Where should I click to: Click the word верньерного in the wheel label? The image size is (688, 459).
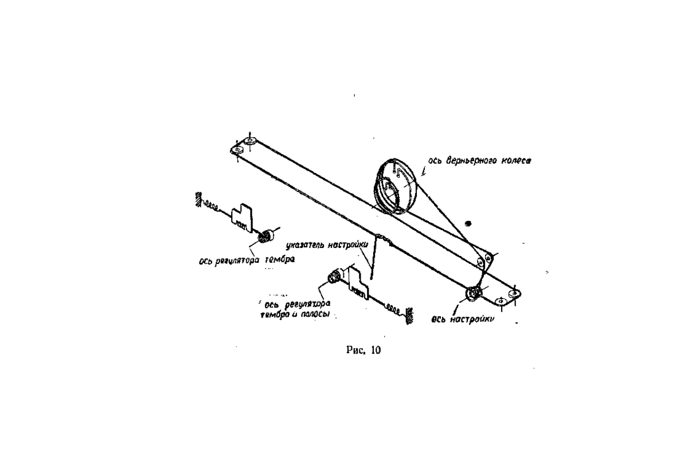471,161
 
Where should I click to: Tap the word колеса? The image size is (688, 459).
516,161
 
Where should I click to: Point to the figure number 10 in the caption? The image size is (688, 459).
376,350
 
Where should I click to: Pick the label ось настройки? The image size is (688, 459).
463,320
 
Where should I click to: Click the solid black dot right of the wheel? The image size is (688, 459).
468,224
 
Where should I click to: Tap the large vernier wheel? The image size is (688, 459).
395,186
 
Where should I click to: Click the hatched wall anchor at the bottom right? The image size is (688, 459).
409,316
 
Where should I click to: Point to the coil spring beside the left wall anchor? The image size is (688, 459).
212,205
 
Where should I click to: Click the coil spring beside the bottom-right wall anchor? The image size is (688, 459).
393,308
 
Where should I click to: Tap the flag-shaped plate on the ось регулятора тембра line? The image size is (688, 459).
243,217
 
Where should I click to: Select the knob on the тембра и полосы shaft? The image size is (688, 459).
334,278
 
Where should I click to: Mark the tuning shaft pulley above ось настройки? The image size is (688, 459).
474,294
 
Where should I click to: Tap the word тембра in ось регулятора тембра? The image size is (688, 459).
280,260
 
